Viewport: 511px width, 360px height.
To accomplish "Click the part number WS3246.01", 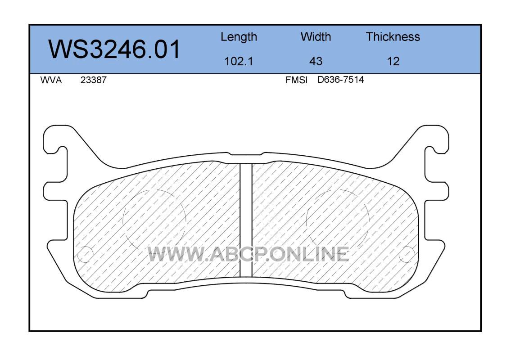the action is click(x=114, y=49).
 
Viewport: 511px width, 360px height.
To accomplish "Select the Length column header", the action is click(x=239, y=37).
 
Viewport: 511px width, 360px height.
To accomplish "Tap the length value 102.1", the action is click(x=239, y=61).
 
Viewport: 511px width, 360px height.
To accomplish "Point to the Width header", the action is click(x=316, y=36).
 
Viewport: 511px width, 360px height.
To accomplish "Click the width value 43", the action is click(x=316, y=61).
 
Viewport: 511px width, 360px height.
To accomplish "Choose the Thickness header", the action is click(x=393, y=36).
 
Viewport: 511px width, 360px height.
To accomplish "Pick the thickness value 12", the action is click(x=393, y=61).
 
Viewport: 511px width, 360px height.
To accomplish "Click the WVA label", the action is click(x=51, y=80).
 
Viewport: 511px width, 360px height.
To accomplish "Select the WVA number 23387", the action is click(x=93, y=80).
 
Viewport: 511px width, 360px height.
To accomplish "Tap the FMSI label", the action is click(x=296, y=80).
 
